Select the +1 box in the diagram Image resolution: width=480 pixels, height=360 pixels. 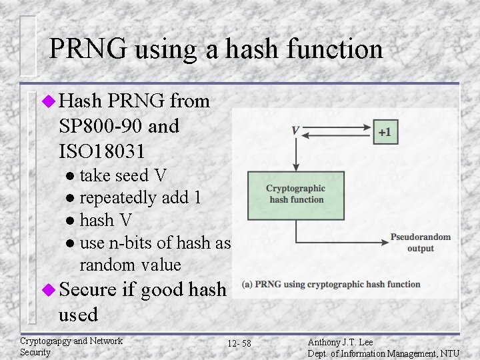(385, 132)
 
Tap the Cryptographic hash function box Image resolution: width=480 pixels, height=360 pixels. (296, 195)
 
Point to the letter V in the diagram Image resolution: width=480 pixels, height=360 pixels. (295, 131)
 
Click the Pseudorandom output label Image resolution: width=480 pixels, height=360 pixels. (421, 243)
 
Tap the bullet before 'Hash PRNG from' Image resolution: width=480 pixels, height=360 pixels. (48, 101)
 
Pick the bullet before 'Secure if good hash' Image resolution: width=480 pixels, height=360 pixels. (48, 289)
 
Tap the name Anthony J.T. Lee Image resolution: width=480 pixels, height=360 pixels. (341, 341)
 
